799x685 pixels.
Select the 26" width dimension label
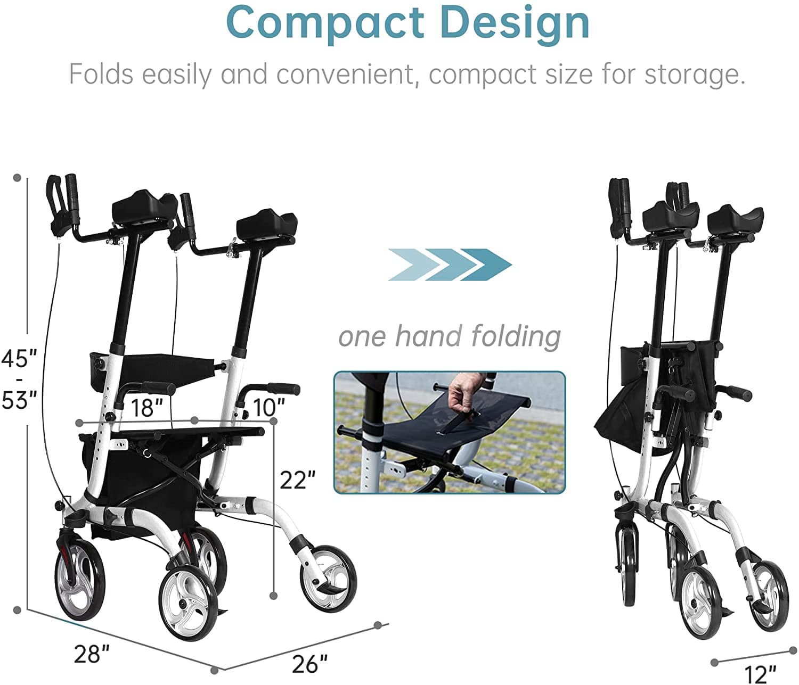309,663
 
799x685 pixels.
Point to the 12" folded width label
760,674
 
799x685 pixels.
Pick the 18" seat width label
146,408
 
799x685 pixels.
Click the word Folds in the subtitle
101,74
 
